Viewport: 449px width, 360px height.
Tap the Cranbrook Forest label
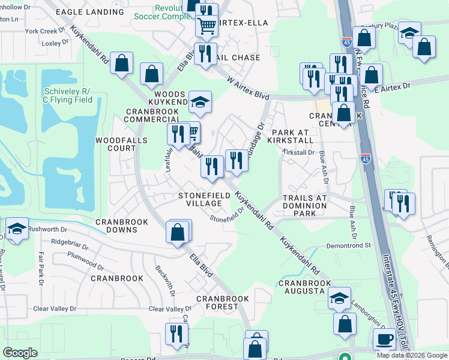click(x=217, y=302)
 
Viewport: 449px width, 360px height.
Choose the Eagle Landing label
click(x=89, y=11)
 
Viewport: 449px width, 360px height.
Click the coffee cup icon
click(x=384, y=339)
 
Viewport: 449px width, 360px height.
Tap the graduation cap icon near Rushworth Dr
click(x=16, y=229)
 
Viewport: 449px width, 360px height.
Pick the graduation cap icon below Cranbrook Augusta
click(x=339, y=298)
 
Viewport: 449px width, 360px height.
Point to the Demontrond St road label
click(x=349, y=245)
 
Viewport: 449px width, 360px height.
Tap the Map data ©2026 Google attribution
click(x=412, y=355)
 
